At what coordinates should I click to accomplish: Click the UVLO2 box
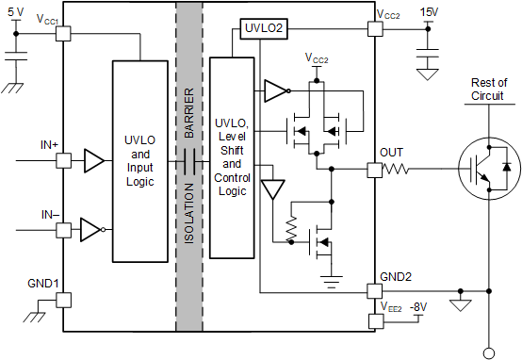pos(261,29)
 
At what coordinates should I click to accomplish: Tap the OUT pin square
pos(374,171)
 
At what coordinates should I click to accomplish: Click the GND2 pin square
pos(374,288)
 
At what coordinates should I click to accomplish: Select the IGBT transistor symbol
pos(487,171)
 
